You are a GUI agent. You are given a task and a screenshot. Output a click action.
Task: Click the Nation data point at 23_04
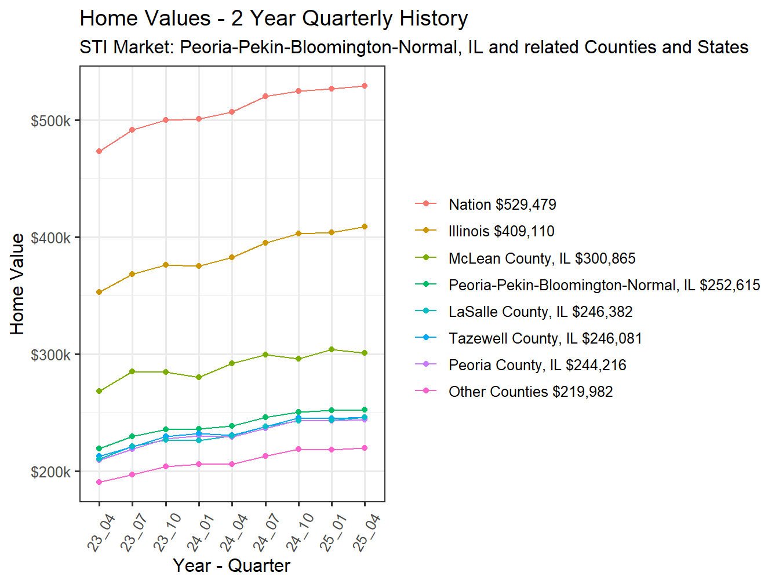tap(99, 151)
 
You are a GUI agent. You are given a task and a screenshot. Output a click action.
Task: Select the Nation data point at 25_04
tap(365, 86)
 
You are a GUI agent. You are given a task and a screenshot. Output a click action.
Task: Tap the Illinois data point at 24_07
tap(265, 243)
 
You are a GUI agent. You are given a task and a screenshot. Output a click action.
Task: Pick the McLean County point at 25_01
tap(332, 349)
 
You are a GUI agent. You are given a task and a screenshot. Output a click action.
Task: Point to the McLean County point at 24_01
tap(199, 377)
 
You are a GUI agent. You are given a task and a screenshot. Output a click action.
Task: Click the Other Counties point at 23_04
tap(99, 482)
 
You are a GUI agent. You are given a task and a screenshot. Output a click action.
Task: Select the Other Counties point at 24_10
tap(299, 449)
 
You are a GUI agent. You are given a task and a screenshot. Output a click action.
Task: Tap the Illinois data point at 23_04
tap(99, 292)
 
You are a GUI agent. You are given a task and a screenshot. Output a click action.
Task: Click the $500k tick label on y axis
tap(50, 121)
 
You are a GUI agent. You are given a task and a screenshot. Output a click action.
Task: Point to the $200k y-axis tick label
tap(50, 472)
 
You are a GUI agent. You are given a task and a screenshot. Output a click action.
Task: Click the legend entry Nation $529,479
tap(502, 205)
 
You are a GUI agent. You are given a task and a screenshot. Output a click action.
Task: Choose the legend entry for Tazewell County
tap(545, 338)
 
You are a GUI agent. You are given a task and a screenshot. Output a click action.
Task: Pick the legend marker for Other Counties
tap(426, 391)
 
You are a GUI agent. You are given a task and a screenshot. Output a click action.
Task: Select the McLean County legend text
tap(542, 258)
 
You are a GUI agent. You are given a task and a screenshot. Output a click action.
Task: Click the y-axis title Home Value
tap(17, 284)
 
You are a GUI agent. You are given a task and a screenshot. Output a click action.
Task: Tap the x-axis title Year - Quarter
tap(231, 565)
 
